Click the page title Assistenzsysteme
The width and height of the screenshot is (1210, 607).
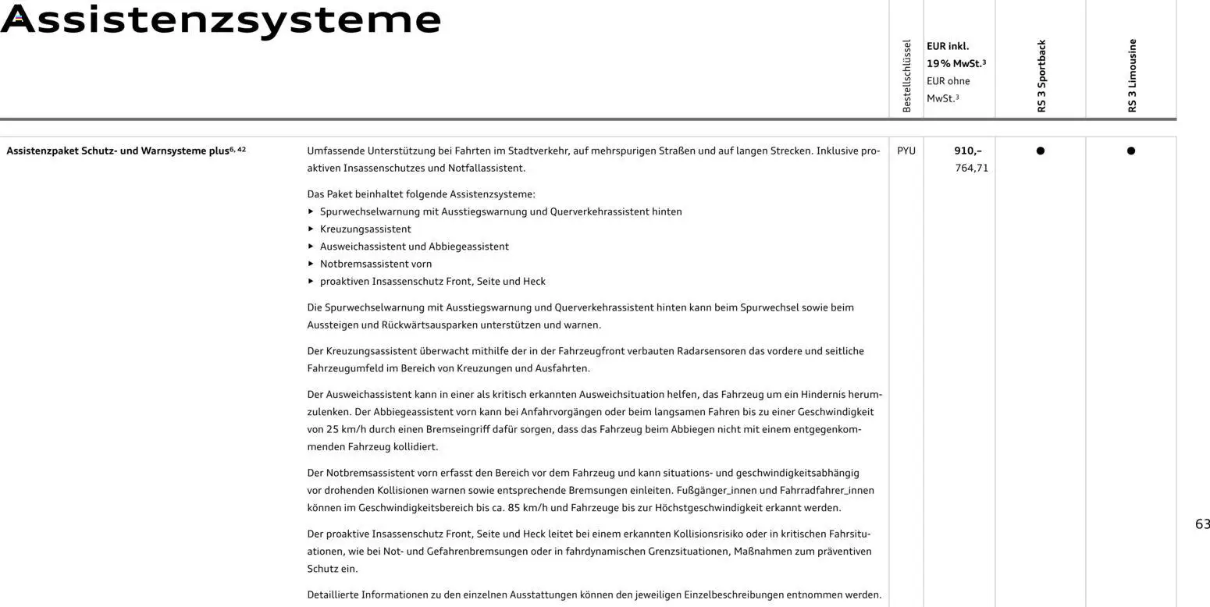(221, 19)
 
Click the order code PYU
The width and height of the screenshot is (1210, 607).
(906, 151)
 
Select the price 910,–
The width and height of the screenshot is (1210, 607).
(968, 151)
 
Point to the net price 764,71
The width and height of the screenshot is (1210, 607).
(971, 168)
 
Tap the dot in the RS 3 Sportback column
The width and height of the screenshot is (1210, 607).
(1040, 151)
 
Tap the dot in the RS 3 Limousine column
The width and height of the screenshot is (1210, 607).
(1130, 151)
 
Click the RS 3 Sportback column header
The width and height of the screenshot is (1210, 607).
(1041, 76)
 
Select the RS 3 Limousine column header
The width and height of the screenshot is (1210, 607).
(1132, 76)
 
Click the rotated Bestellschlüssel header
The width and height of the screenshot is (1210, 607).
(906, 76)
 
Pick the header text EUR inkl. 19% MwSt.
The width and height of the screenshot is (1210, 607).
(956, 55)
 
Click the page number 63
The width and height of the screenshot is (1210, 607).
(1202, 524)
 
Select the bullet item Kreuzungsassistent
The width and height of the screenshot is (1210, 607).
(365, 229)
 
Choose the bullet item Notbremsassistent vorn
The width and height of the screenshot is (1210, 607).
(375, 264)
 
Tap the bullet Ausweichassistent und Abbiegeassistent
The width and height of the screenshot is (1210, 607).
(414, 247)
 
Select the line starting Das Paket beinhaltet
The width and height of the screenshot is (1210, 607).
(421, 194)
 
